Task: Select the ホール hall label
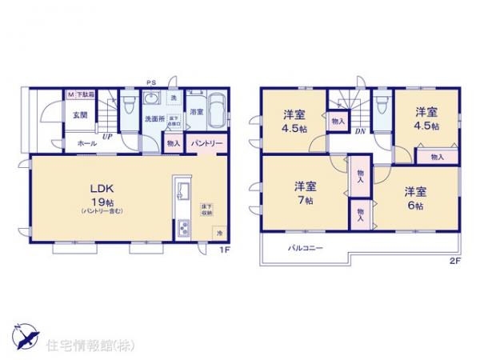click(81, 142)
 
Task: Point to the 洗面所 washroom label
click(154, 119)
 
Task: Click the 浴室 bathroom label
click(196, 113)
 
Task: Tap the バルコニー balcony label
click(306, 249)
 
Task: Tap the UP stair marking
click(106, 137)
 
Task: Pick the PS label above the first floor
click(150, 82)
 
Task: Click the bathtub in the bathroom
click(217, 110)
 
